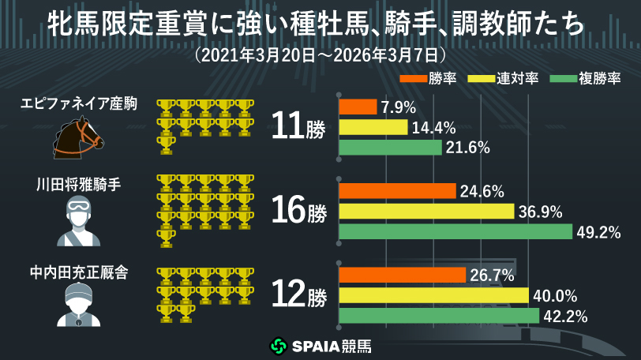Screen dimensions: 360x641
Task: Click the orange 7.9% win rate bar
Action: (x=358, y=107)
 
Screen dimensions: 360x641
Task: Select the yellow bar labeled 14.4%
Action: (x=373, y=127)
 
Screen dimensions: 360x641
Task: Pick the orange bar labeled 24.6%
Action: (x=397, y=191)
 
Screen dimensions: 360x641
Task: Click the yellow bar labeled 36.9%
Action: (x=426, y=212)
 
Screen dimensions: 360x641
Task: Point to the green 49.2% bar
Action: (x=455, y=232)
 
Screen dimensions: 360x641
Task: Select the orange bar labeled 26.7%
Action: (x=402, y=275)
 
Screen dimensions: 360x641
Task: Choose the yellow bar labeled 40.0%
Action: (x=433, y=295)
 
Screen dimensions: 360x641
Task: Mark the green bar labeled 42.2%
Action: (x=439, y=316)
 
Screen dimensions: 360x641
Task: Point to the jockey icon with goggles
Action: (x=78, y=221)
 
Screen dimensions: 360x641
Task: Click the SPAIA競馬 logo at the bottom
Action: (x=320, y=346)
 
